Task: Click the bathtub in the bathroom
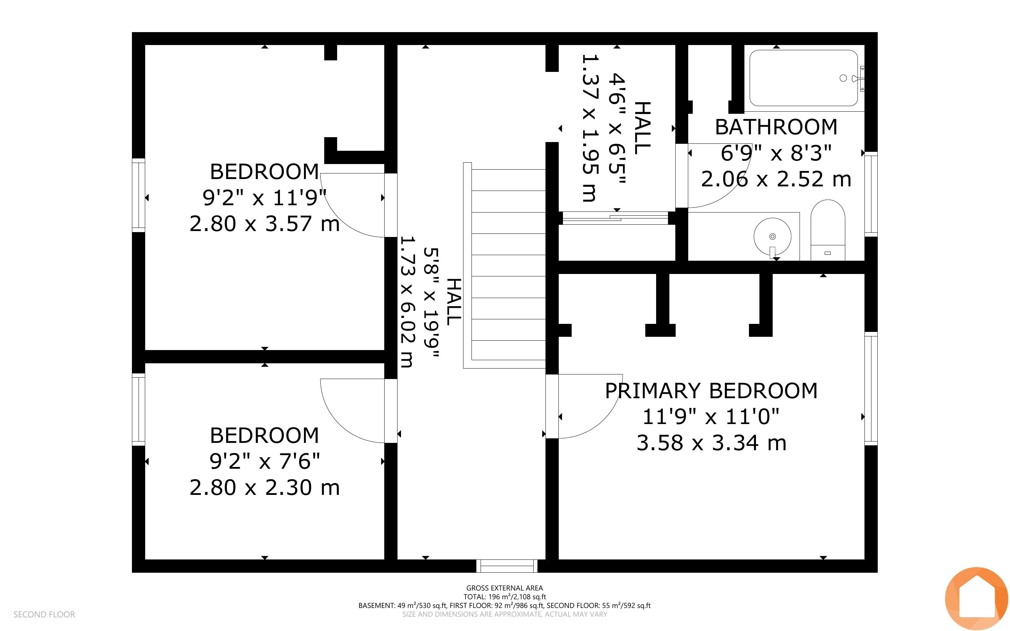[803, 78]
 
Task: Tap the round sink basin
[772, 237]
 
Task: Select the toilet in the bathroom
[828, 230]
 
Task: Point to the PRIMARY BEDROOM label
[711, 391]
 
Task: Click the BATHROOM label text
[776, 127]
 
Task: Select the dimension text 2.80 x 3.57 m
[265, 224]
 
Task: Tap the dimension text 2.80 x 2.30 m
[265, 488]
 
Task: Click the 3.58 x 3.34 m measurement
[711, 443]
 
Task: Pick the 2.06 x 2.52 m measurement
[776, 179]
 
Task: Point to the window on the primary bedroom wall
[871, 388]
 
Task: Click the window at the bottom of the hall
[507, 566]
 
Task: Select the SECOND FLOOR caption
[44, 614]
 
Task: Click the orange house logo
[976, 599]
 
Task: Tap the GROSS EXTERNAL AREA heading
[504, 588]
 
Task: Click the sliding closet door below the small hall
[615, 218]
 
